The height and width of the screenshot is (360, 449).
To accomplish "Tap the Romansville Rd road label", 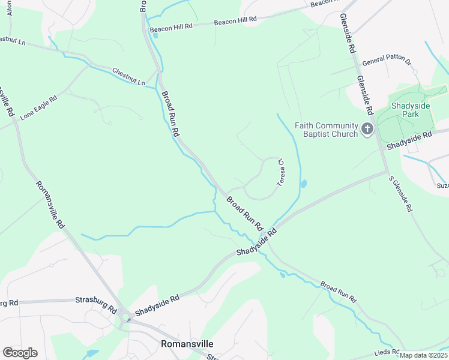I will pos(49,205).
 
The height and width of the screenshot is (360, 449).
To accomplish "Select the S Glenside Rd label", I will pos(401,194).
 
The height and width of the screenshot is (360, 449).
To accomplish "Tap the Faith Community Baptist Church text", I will pos(326,130).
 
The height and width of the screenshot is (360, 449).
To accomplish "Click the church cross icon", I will pos(367,130).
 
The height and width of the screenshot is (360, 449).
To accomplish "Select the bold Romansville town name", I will pos(187,344).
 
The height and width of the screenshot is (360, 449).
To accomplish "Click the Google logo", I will pos(20,353).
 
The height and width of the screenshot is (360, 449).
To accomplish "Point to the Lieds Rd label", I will pos(388,352).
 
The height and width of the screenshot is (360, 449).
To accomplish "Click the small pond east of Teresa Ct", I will pos(303,184).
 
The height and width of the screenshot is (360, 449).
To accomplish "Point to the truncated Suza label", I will pos(442,187).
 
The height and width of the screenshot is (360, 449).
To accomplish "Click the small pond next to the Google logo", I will pos(91,353).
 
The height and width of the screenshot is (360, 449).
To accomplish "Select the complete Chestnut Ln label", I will pos(129,77).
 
